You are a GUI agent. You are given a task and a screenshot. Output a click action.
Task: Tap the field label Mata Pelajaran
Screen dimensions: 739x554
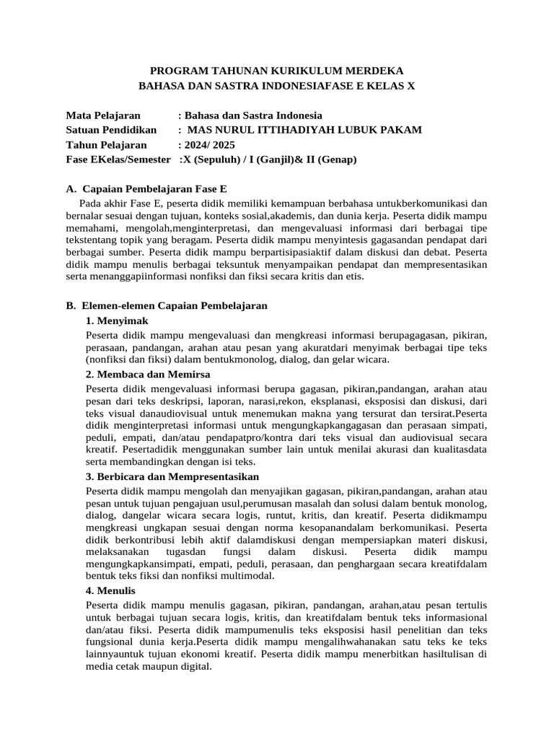point(103,115)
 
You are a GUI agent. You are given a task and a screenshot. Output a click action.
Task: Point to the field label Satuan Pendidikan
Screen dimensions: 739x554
point(111,130)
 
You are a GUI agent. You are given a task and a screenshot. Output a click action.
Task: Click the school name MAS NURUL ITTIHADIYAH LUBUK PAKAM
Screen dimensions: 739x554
point(304,130)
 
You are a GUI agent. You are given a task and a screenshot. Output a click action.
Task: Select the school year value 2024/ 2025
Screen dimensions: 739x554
point(210,144)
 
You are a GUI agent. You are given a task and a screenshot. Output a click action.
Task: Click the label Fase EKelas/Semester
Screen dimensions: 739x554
point(118,159)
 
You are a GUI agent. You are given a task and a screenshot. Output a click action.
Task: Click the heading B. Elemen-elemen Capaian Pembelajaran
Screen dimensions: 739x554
point(167,306)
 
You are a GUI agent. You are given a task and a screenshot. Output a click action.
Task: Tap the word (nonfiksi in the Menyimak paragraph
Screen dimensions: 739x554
point(109,359)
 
